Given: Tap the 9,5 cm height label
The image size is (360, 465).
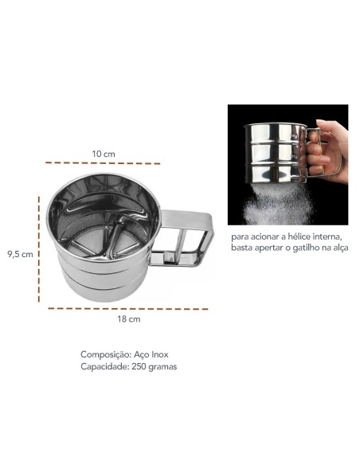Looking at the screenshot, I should click(20, 255).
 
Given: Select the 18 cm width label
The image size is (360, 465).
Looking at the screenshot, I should click(129, 319).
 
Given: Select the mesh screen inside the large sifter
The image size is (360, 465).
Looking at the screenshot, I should click(104, 239).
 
